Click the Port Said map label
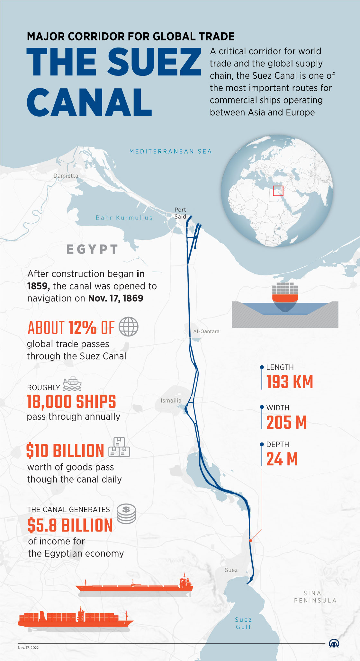coord(180,213)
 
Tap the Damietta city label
coord(66,176)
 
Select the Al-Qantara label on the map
coord(206,331)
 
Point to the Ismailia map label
coord(171,400)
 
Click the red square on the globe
coord(278,191)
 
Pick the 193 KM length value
coord(290,382)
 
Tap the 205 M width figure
coord(286,422)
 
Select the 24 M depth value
coord(282,459)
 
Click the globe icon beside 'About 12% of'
coord(129,326)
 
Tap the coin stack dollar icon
coord(126,514)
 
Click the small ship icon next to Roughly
coord(72,384)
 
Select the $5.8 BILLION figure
coord(70,525)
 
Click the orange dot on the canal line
coord(251,540)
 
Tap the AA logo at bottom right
coord(334,643)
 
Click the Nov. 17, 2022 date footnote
coord(28,648)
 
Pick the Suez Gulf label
coord(244,623)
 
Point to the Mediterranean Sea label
coord(170,151)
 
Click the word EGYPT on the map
coord(92,249)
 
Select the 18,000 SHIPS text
coord(71,402)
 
